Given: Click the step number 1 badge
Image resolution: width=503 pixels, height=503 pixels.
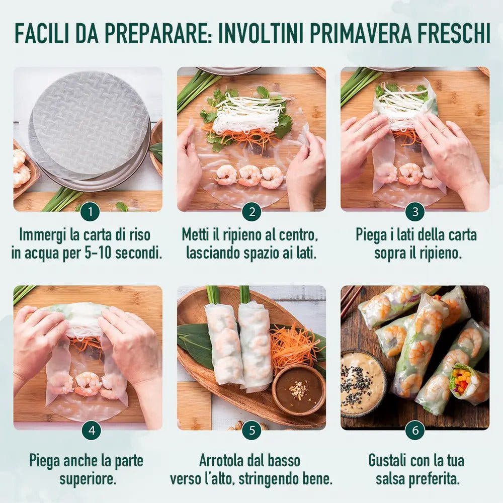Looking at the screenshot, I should (90, 212).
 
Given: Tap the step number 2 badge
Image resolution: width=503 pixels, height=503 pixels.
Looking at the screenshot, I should (251, 212).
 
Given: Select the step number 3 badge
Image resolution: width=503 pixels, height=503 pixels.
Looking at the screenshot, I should (415, 212).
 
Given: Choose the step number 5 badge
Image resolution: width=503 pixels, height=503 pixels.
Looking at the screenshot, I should (251, 430).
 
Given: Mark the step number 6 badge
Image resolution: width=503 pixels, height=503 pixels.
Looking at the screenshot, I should (415, 430).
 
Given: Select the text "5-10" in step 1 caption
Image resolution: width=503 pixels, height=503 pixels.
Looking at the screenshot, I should (98, 253).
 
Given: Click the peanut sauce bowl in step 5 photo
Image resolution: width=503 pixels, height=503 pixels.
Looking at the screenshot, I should (298, 390).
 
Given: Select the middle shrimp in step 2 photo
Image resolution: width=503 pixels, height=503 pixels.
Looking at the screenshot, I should (250, 175).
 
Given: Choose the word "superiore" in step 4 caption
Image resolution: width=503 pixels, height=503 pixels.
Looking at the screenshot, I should (88, 478).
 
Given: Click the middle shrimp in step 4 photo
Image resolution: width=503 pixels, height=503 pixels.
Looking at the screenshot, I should (88, 383).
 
